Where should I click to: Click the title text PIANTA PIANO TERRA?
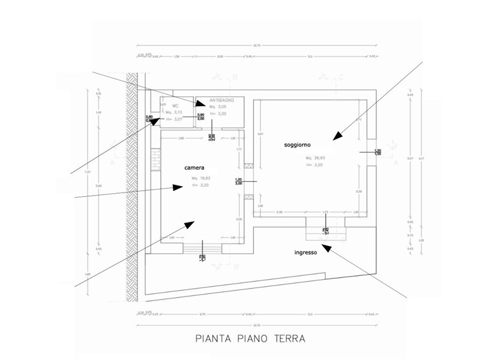point(250,338)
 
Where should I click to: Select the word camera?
point(195,167)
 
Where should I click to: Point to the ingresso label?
point(305,253)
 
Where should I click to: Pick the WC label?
point(176,106)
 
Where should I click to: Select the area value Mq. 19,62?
point(202,179)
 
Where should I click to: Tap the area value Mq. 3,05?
point(218,106)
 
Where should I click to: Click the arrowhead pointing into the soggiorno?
point(338,136)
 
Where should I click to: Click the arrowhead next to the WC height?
point(155,121)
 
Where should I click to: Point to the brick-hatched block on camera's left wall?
point(156,159)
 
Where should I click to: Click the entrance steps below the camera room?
point(203,248)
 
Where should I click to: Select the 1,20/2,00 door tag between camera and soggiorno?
point(238,181)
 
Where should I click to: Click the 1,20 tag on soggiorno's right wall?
point(377,152)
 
